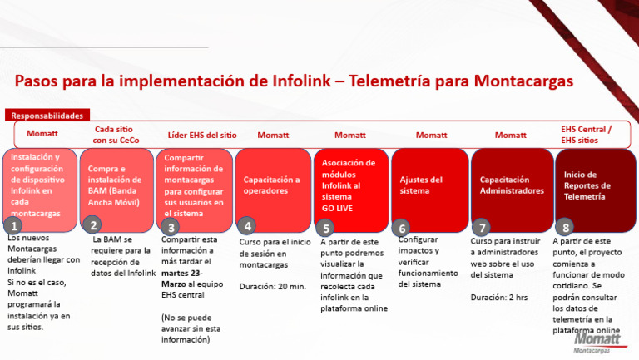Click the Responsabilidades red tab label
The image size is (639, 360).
pos(47,116)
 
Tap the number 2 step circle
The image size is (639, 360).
pos(93,225)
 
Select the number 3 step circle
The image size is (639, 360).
pos(171,227)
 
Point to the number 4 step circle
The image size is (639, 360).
pos(248,225)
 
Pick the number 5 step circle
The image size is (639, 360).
pos(327,227)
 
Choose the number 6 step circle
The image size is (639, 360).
pos(404,227)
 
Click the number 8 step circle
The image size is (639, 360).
pos(567,226)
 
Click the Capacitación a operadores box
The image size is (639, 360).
pos(272,185)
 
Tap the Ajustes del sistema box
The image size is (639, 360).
pos(429,185)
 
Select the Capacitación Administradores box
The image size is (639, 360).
pos(511,185)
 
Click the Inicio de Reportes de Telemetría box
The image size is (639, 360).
pos(592,185)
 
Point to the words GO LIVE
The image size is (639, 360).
pos(339,209)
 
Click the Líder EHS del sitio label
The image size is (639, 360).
pos(201,135)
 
